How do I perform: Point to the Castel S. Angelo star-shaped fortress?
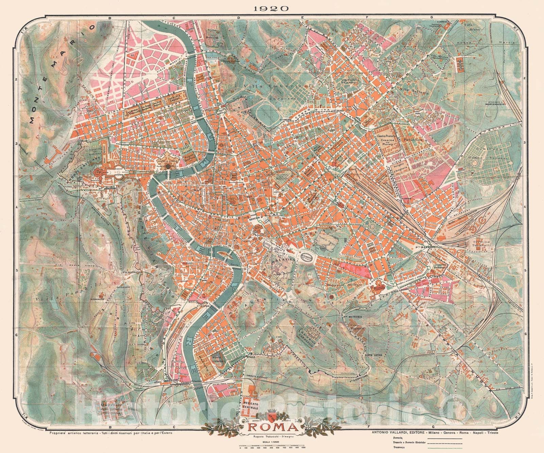[168, 166]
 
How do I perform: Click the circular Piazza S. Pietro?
[117, 172]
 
